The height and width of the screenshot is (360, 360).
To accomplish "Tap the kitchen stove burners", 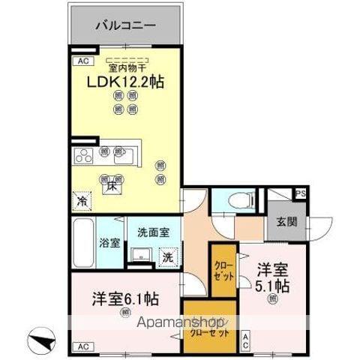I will [83, 157].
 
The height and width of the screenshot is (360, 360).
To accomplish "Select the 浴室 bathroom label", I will [109, 242].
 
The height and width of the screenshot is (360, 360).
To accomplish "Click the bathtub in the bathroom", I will [83, 243].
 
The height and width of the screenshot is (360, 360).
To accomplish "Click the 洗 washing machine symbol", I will [169, 256].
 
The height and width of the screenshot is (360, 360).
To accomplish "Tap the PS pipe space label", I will [300, 193].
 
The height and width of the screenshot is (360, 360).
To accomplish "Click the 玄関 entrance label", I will [286, 222].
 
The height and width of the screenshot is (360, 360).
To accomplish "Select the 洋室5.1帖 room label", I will [274, 275].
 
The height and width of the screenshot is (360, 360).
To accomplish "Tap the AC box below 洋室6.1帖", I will [82, 346].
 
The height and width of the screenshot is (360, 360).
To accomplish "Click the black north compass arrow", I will [43, 337].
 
